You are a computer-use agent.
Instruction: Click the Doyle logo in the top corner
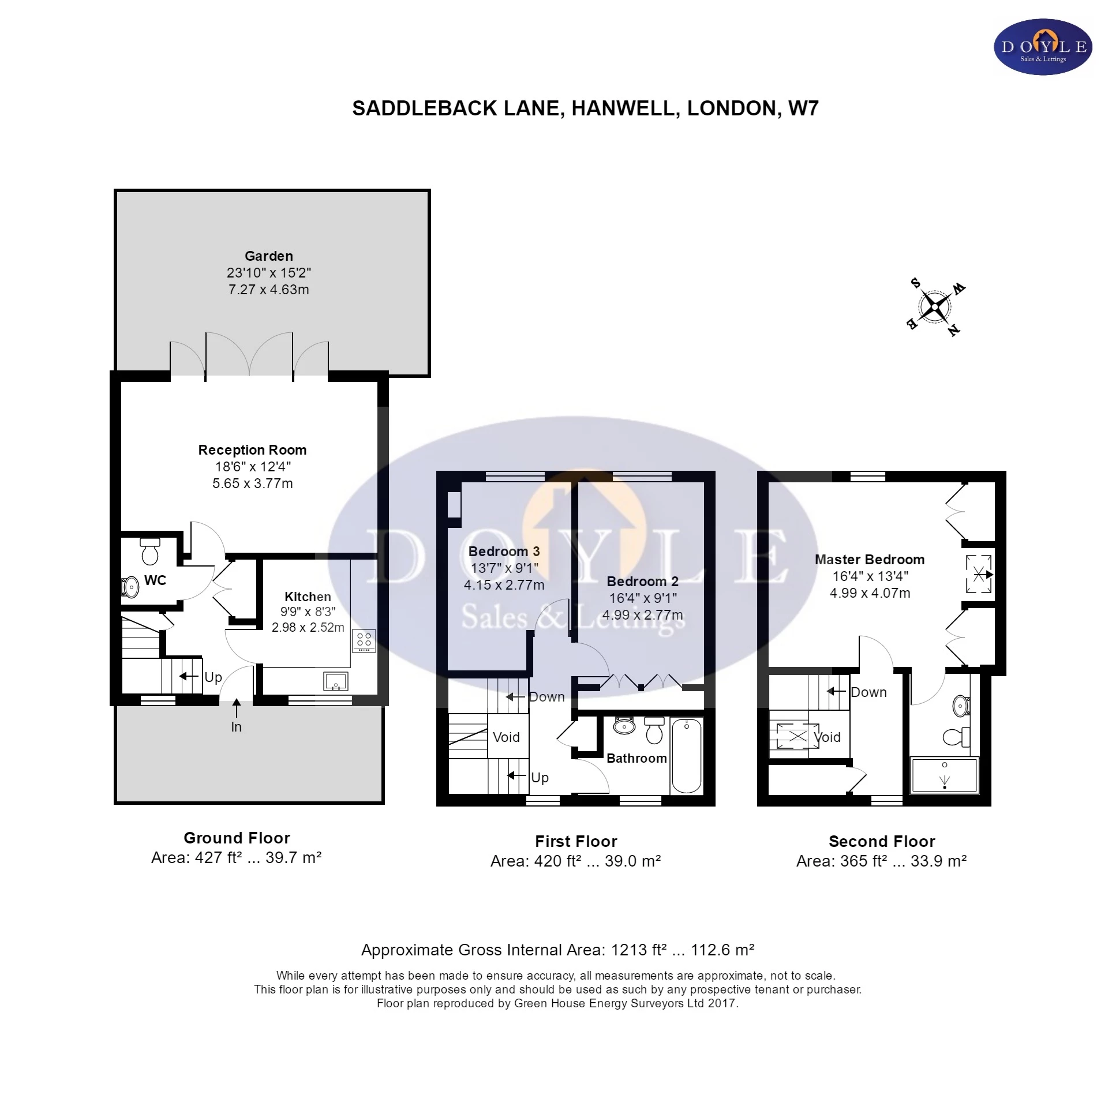tap(1042, 47)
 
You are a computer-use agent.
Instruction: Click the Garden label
tap(268, 256)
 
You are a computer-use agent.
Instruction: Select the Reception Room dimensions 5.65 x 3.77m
tap(252, 483)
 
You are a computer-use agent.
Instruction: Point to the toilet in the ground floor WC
tap(149, 552)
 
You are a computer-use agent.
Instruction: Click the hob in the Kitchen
tap(364, 640)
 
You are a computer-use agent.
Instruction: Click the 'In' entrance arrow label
tap(236, 727)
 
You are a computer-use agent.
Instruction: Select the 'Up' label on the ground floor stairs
tap(213, 677)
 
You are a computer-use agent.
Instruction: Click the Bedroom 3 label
tap(504, 552)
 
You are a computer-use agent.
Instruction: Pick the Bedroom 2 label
tap(642, 582)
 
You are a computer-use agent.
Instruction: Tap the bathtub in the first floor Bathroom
tap(686, 756)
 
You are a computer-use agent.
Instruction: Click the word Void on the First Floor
tap(506, 737)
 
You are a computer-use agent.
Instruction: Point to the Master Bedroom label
tap(869, 560)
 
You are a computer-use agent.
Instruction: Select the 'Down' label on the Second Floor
tap(868, 692)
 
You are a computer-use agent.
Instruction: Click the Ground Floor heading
tap(237, 838)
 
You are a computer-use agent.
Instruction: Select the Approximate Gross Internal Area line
tap(557, 950)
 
